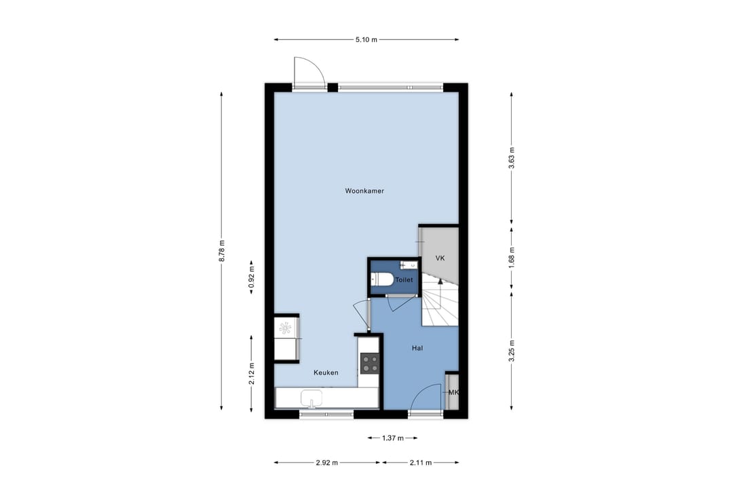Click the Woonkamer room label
(x=364, y=191)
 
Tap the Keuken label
(x=326, y=372)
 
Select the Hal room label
(x=417, y=348)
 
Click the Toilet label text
(x=405, y=280)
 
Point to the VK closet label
(x=440, y=258)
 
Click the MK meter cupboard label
(x=453, y=393)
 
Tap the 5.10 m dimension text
(x=366, y=40)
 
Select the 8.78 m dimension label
(x=221, y=251)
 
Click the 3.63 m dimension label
(x=512, y=158)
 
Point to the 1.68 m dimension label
(x=512, y=258)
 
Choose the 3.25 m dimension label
(x=512, y=351)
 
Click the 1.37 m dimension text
(x=393, y=438)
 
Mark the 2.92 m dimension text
(x=326, y=463)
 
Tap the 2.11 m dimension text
(x=421, y=463)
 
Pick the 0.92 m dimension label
(x=252, y=277)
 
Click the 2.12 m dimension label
(x=252, y=374)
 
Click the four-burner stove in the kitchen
(x=370, y=364)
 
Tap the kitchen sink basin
(x=312, y=399)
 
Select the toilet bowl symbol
(x=382, y=280)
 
